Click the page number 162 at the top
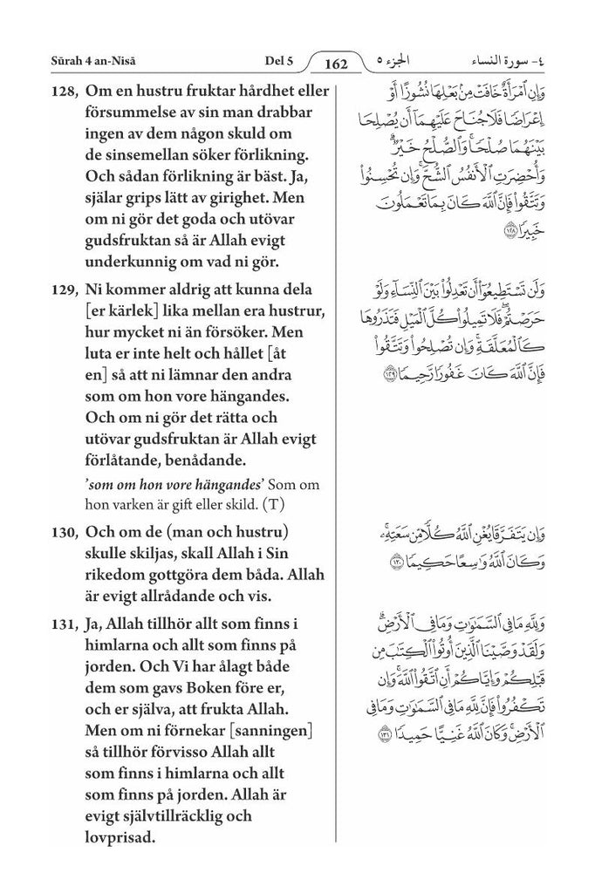point(336,63)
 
